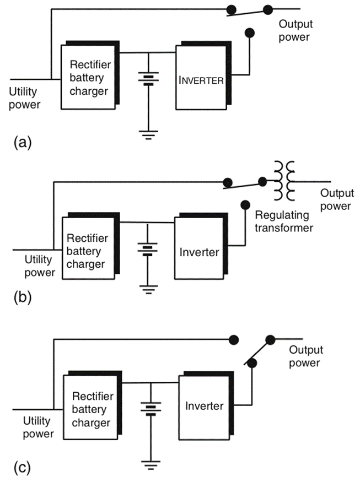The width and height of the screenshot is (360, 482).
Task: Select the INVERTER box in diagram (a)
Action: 200,80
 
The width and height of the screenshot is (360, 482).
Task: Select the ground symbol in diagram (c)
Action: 149,464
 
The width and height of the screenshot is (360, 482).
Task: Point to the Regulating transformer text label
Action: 284,220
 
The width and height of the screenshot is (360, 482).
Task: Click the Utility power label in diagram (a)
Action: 25,99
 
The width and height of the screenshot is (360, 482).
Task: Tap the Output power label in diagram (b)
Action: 336,200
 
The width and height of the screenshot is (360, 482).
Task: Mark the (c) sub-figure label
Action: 22,468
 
